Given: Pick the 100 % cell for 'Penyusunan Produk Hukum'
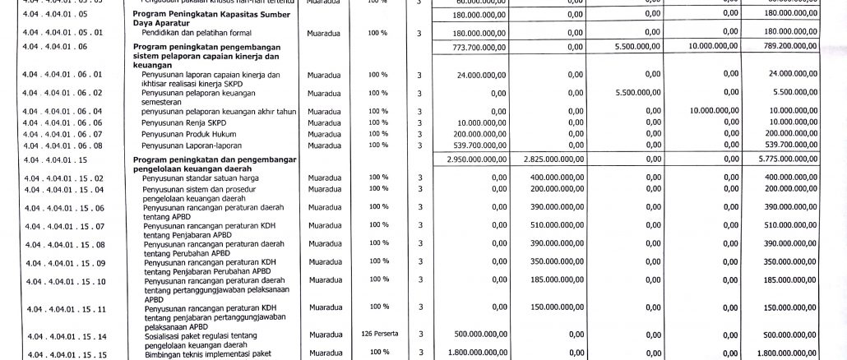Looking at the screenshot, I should pyautogui.click(x=378, y=134).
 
